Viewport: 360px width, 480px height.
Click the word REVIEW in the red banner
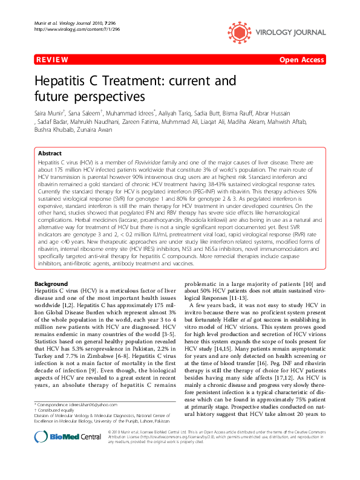click(51, 60)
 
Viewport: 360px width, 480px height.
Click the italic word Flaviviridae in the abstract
click(149, 164)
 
